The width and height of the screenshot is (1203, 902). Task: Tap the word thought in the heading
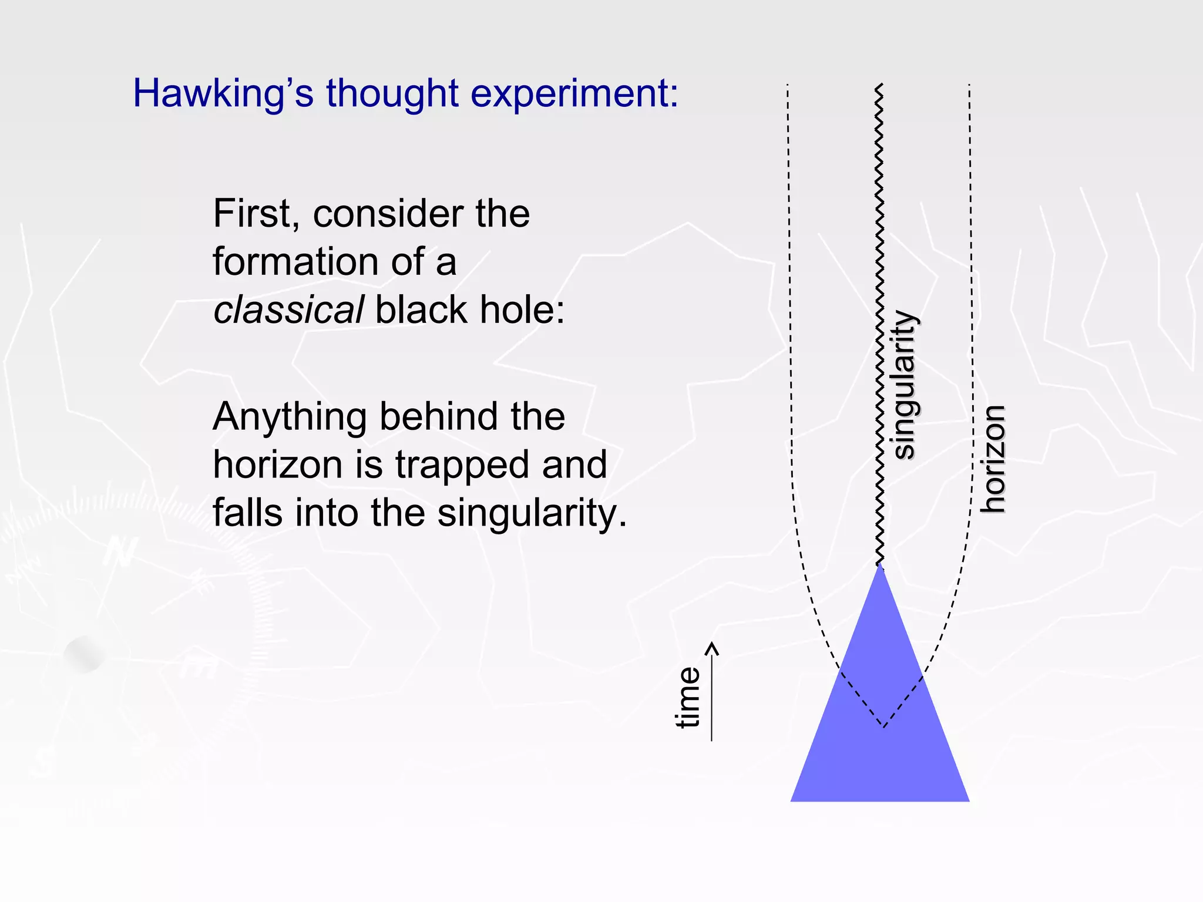coord(392,94)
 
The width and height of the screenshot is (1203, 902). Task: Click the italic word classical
coord(288,310)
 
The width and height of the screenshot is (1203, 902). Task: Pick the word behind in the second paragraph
coord(440,417)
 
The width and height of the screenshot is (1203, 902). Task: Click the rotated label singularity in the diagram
coord(905,385)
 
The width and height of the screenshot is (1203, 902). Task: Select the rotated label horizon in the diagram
coord(994,459)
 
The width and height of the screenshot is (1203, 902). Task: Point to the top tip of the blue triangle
coord(880,564)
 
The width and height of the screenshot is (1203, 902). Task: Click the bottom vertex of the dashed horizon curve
coord(884,727)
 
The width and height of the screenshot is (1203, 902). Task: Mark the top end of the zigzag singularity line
coord(879,86)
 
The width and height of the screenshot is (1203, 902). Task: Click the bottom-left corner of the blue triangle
coord(792,800)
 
